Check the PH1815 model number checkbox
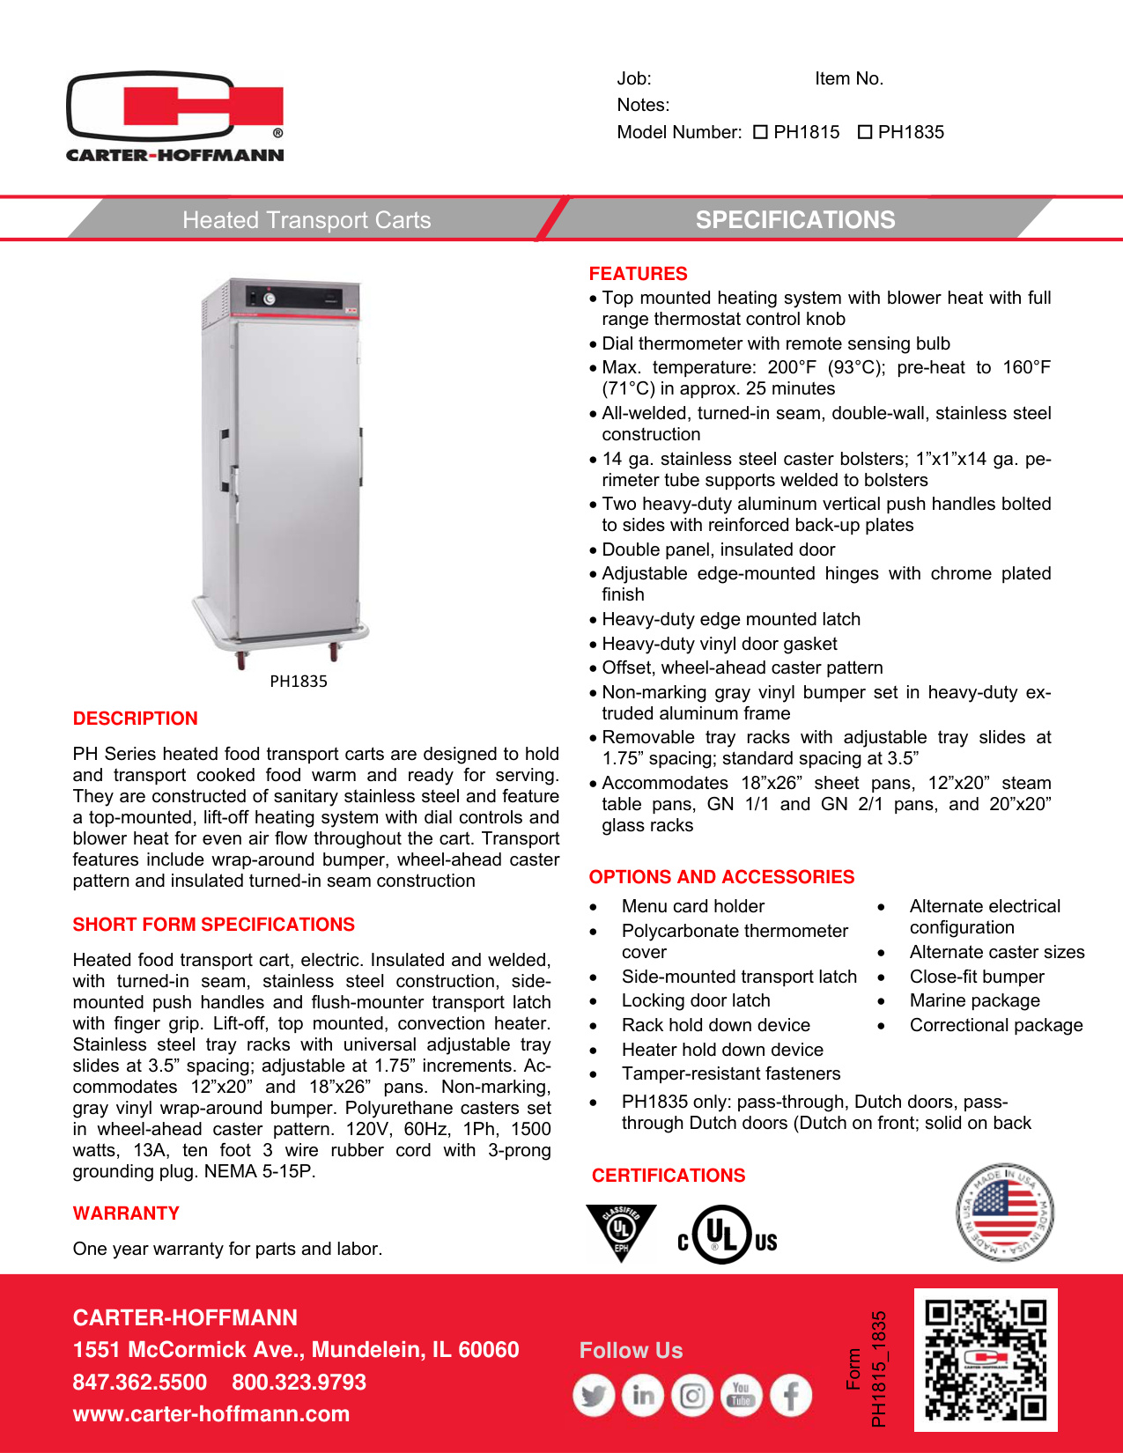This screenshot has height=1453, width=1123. [x=761, y=132]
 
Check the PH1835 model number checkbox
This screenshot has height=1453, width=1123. [x=865, y=132]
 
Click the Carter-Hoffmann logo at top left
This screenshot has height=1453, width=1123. [x=175, y=116]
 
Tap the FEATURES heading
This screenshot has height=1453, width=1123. [x=638, y=274]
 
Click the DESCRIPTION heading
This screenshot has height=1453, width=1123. [x=135, y=719]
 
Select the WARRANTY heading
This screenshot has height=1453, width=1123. [x=126, y=1213]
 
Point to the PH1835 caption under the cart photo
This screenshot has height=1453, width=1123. [x=298, y=681]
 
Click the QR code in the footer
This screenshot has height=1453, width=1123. [x=986, y=1360]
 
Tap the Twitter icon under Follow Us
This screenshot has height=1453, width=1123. [x=594, y=1396]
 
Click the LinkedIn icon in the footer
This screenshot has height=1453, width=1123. [x=643, y=1396]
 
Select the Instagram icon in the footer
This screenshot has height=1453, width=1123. [x=692, y=1396]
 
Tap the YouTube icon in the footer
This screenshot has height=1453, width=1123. [x=742, y=1396]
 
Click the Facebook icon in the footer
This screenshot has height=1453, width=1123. [x=791, y=1396]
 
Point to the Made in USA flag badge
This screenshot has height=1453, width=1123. [x=1004, y=1212]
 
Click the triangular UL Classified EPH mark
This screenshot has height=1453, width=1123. [x=621, y=1230]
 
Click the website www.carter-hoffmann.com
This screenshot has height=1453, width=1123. [x=211, y=1414]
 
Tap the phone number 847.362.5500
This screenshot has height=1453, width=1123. [x=139, y=1383]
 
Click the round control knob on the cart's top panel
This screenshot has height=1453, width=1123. [x=270, y=299]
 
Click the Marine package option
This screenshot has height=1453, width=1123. [x=974, y=1000]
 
